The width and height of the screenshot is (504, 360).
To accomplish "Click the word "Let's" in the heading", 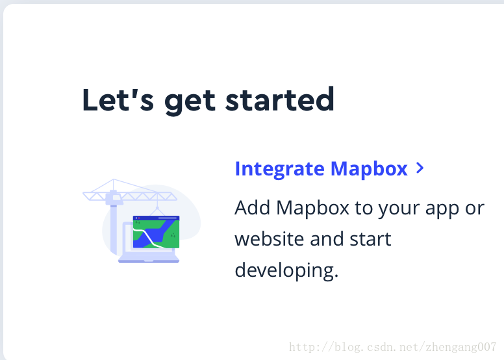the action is click(x=118, y=99).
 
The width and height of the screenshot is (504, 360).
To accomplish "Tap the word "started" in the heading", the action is click(x=280, y=99).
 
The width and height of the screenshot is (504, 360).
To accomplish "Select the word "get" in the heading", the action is click(x=190, y=101).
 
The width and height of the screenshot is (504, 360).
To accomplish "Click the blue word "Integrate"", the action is click(x=280, y=169).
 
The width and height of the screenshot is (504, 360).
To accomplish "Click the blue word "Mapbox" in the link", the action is click(x=369, y=168).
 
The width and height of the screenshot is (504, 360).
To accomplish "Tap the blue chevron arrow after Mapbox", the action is click(x=420, y=168).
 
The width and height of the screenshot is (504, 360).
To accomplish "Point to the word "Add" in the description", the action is click(x=252, y=207).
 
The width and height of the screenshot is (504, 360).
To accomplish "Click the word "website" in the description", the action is click(x=270, y=238).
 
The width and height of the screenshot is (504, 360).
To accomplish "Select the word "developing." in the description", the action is click(x=286, y=270).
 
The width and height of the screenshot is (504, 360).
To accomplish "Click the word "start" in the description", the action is click(x=370, y=239).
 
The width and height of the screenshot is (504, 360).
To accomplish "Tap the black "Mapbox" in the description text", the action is click(x=312, y=208).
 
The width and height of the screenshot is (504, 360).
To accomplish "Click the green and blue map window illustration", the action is click(x=157, y=232).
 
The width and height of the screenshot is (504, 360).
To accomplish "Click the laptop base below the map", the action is click(x=149, y=259).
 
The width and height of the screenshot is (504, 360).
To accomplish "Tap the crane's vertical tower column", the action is click(x=113, y=229).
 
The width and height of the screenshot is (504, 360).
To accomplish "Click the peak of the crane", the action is click(x=114, y=179).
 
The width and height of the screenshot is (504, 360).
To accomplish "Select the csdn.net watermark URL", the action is click(x=393, y=347).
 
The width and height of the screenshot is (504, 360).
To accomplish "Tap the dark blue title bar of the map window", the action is click(x=157, y=218).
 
